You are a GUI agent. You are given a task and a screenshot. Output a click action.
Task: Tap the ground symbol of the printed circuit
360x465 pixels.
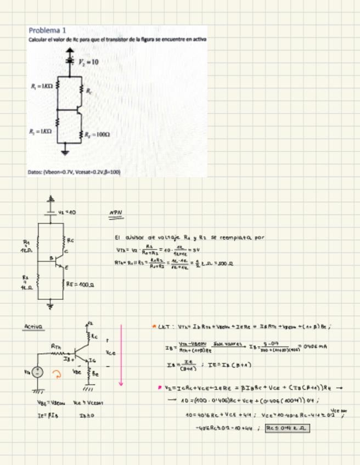coord(65,151)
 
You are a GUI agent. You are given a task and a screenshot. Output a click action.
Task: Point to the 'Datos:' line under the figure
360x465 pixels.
coord(74,172)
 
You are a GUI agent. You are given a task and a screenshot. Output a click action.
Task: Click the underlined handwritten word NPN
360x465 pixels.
coord(115,213)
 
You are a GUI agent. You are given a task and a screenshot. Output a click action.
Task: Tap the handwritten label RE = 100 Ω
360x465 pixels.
coord(80,285)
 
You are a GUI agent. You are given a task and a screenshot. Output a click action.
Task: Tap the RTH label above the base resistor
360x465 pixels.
coord(55,347)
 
